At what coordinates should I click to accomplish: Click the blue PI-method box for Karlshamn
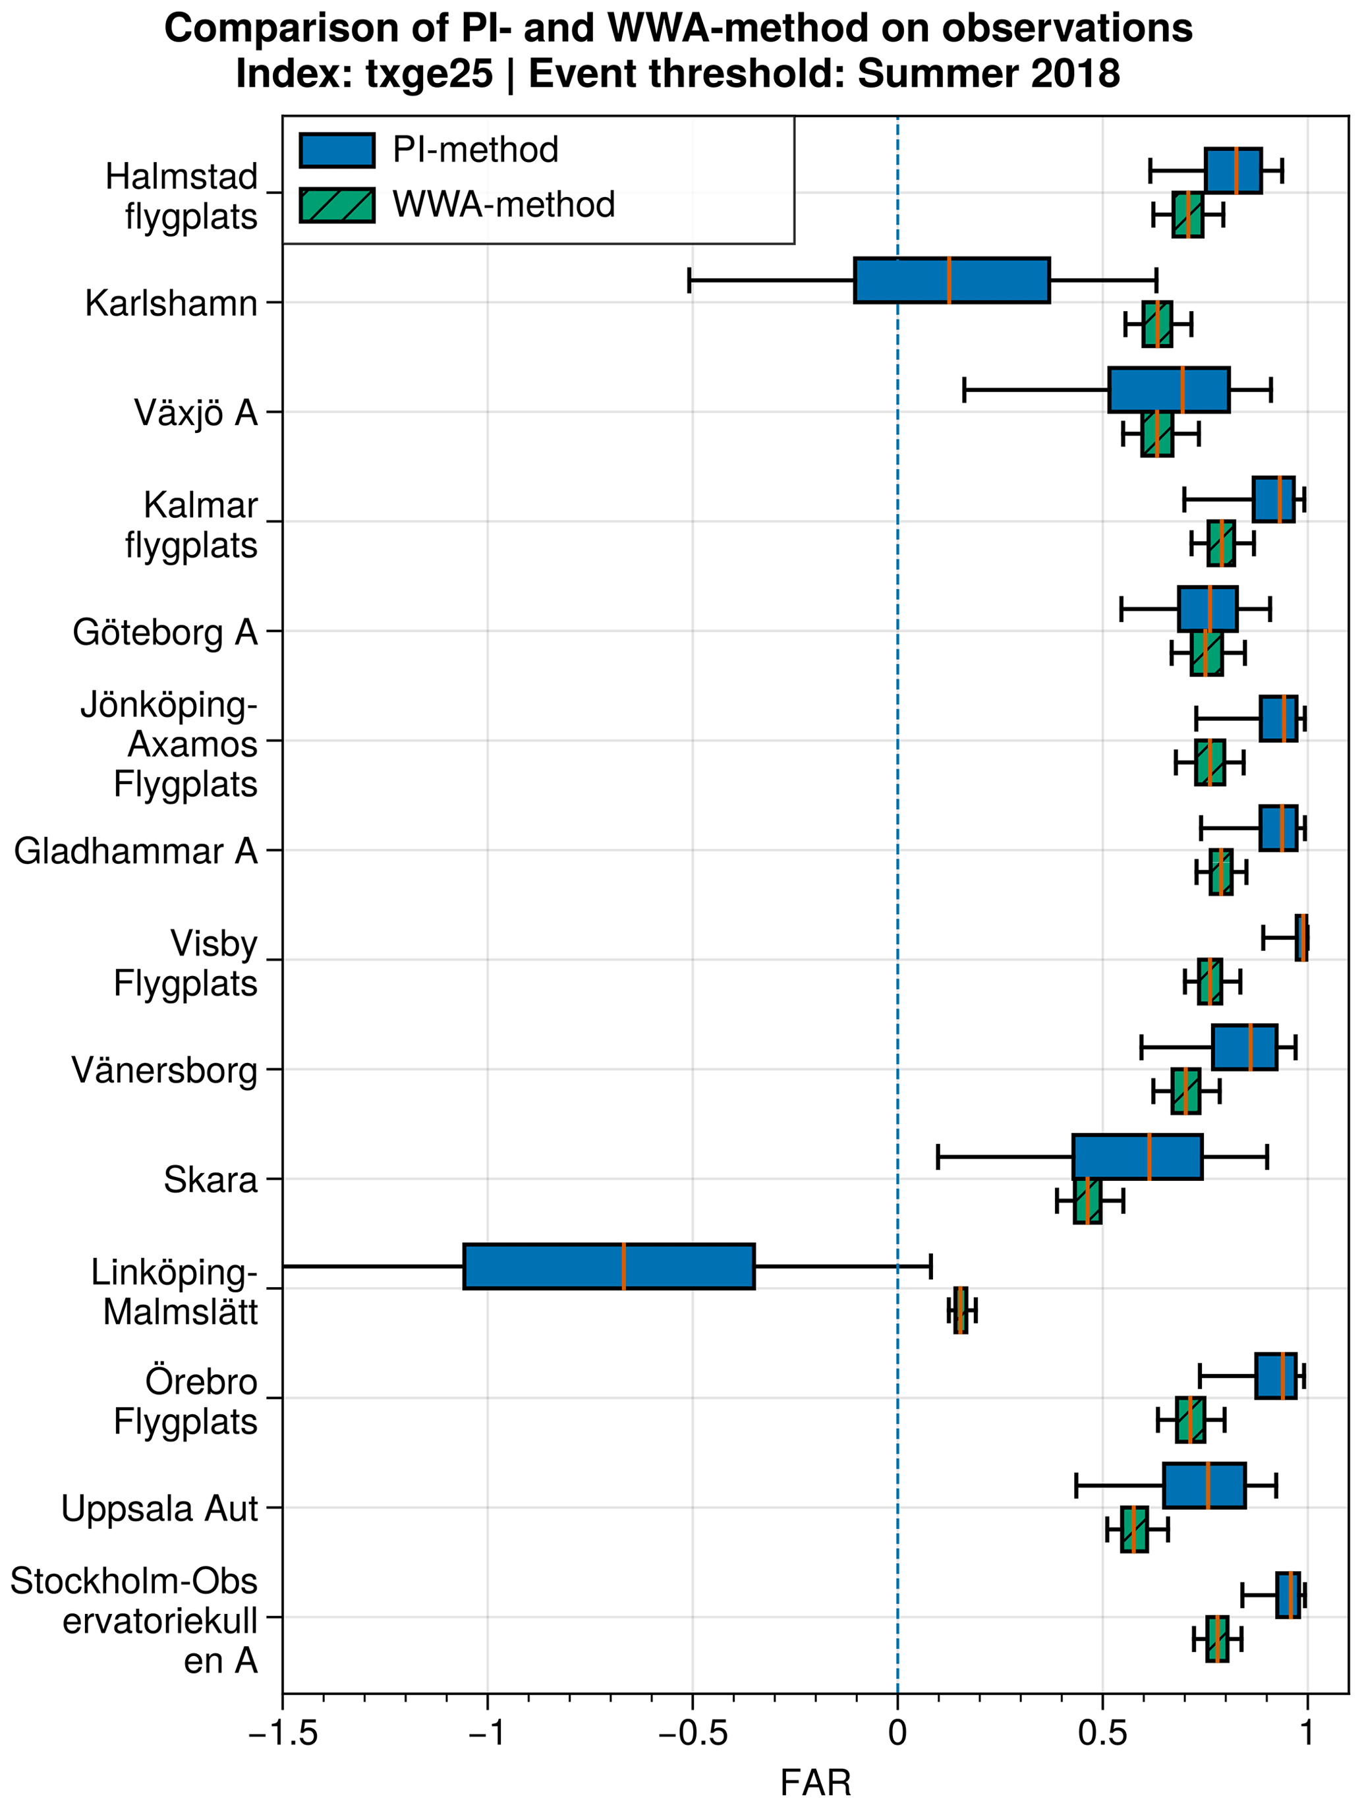pos(952,280)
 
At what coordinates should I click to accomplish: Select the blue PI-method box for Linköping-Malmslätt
pos(609,1266)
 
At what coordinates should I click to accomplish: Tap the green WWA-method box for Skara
pos(1087,1201)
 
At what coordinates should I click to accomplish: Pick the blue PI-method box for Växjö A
pos(1168,389)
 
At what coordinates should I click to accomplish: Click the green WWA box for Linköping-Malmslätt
pos(960,1310)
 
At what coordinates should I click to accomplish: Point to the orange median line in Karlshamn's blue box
pos(949,280)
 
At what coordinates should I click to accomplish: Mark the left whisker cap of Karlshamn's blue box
pos(690,280)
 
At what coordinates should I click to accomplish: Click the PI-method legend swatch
pos(337,150)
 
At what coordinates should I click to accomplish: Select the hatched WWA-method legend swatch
pos(337,205)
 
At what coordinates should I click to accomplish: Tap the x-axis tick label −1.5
pos(283,1733)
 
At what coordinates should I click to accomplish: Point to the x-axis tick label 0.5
pos(1102,1733)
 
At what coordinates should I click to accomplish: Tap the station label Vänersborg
pos(164,1070)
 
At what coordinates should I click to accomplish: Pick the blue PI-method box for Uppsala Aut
pos(1205,1486)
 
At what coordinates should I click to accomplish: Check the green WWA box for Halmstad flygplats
pos(1187,215)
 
